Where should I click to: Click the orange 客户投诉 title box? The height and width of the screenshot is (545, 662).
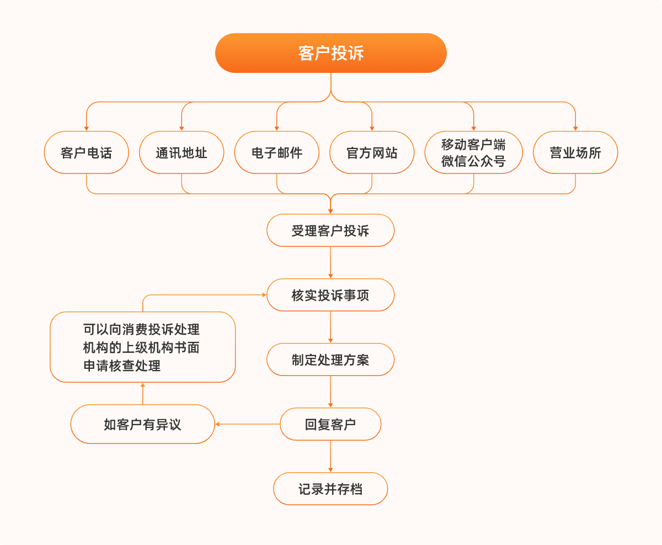pos(330,53)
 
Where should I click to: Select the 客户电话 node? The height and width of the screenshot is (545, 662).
pos(86,152)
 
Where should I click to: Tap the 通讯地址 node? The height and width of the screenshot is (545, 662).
pos(181,152)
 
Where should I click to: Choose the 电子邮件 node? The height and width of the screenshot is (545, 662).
pos(276,152)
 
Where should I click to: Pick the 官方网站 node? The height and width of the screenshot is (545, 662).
pos(372,152)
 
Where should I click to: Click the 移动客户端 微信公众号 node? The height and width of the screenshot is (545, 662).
pos(473,152)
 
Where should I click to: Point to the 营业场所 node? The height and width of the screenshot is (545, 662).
pos(575,152)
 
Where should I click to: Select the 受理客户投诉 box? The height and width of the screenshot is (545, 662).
pos(330,230)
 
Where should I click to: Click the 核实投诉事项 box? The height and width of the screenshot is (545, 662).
pos(330,295)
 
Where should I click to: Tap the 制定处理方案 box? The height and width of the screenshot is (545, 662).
pos(330,359)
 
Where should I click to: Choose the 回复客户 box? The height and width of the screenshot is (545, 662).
pos(330,424)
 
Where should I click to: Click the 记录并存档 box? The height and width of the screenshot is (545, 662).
pos(330,489)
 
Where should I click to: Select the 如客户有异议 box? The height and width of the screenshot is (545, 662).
pos(142,424)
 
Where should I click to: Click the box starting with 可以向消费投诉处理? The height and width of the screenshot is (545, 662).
pos(142,347)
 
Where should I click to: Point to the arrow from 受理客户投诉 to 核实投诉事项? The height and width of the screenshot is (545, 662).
pos(330,262)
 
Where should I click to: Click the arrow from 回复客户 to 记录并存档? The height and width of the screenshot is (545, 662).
pos(330,456)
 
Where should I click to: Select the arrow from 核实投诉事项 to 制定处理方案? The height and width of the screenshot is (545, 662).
pos(330,327)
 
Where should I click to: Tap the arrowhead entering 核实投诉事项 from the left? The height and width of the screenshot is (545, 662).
pos(263,295)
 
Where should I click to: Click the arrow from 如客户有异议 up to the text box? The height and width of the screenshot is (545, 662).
pos(142,393)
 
